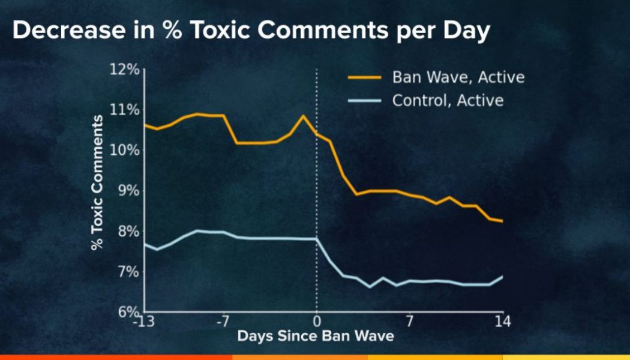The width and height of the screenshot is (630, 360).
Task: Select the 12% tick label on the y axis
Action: click(x=125, y=70)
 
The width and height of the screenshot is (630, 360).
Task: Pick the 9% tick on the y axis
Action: click(x=128, y=191)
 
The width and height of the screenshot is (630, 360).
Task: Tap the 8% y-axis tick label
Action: click(x=128, y=232)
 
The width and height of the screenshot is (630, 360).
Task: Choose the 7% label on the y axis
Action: click(x=128, y=272)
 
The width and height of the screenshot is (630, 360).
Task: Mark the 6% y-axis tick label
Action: click(x=128, y=312)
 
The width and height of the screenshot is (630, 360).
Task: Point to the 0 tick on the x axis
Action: click(x=317, y=322)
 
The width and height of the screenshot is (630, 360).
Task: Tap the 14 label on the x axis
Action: click(x=503, y=322)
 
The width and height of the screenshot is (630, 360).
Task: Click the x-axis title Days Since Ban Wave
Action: click(x=316, y=336)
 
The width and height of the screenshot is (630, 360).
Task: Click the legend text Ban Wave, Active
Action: click(x=458, y=77)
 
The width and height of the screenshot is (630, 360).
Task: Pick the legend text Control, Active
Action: click(x=448, y=100)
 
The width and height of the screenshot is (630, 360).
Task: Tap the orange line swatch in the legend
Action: click(x=365, y=77)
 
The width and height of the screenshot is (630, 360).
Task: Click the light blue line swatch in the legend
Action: click(x=365, y=100)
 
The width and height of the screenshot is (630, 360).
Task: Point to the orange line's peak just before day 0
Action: click(x=303, y=115)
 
